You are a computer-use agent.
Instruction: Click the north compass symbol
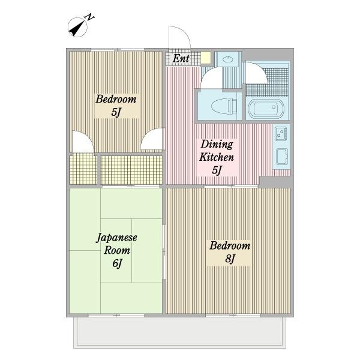(x=78, y=27)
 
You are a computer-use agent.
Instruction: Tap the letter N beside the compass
(x=90, y=17)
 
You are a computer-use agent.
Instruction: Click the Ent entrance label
(x=181, y=58)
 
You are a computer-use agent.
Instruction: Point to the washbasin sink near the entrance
(x=228, y=59)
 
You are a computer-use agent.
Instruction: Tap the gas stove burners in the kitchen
(x=281, y=133)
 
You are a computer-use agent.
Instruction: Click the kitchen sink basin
(x=282, y=157)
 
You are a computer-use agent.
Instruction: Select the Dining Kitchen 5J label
(x=217, y=157)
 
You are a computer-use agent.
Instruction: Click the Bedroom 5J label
(x=116, y=106)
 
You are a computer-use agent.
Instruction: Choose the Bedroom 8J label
(x=230, y=252)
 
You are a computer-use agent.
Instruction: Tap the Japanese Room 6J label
(x=116, y=250)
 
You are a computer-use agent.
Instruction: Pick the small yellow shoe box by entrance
(x=206, y=58)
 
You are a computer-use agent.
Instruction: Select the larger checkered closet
(x=131, y=170)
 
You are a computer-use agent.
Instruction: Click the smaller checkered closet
(x=83, y=169)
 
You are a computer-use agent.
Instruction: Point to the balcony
(x=180, y=332)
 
